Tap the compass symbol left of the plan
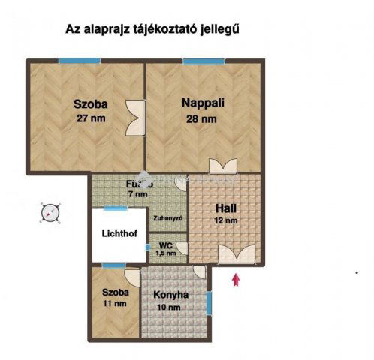point(49,213)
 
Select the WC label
point(162,244)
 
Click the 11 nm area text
point(114,304)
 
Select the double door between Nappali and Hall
point(224,166)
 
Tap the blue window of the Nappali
point(203,61)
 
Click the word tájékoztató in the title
point(165,29)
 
